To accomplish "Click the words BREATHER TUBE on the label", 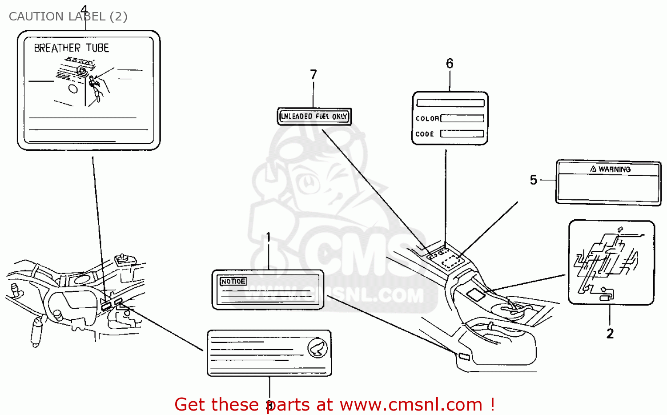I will click(x=71, y=48).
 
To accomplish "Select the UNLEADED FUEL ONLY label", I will click(x=314, y=117).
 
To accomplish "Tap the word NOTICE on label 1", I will click(x=233, y=282).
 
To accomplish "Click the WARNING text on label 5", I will click(x=614, y=169).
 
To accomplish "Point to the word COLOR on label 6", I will click(x=427, y=119).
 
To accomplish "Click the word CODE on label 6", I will click(x=425, y=134).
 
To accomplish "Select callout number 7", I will click(x=313, y=74).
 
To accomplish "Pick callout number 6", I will click(x=450, y=64).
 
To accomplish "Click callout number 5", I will click(x=534, y=180).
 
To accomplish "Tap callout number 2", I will click(x=610, y=334).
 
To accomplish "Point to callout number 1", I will click(x=268, y=237).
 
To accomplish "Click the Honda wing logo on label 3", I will click(x=317, y=348).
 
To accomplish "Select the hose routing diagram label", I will click(x=611, y=262).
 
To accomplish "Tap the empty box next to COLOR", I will click(x=462, y=118).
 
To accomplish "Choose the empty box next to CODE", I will click(x=462, y=134).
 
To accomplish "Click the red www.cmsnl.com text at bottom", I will click(x=411, y=405).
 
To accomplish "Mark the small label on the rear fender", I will click(x=463, y=356).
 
